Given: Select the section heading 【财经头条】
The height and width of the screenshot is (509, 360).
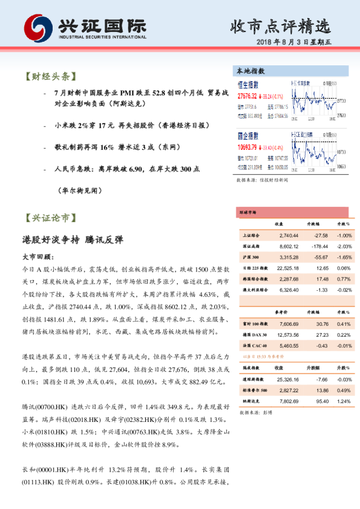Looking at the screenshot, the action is [50, 77].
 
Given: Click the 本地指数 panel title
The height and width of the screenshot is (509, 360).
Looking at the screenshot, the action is [250, 71].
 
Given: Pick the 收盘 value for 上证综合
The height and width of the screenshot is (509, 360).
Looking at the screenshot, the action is [289, 235].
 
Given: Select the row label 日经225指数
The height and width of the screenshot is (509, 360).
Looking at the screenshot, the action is [254, 268].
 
